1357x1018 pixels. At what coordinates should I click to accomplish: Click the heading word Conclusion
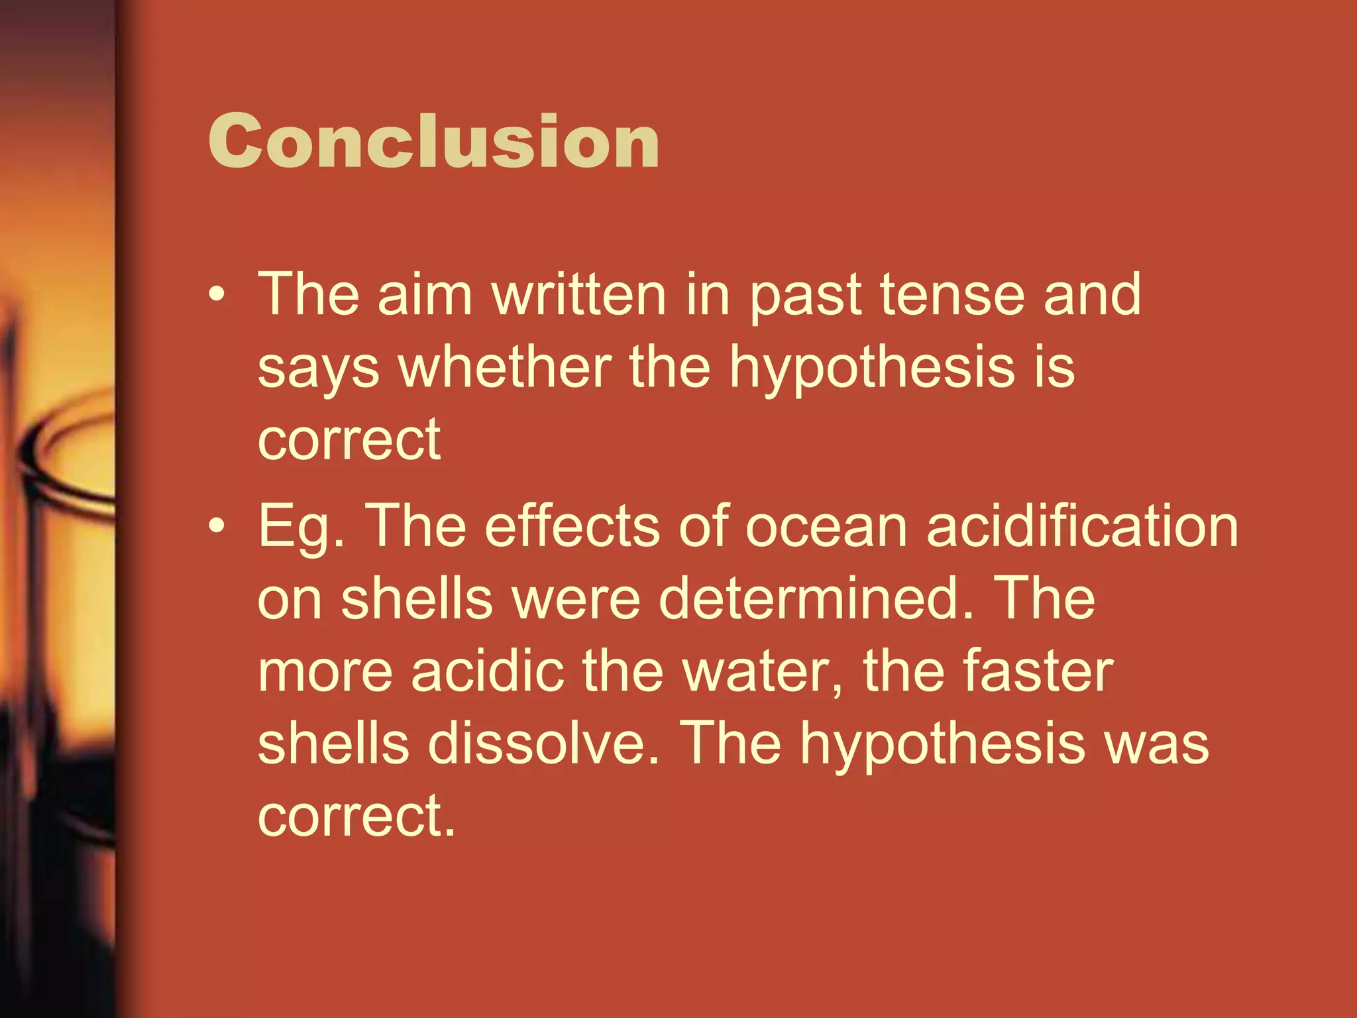pyautogui.click(x=434, y=141)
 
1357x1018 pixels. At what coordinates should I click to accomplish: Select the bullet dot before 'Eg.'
pyautogui.click(x=217, y=526)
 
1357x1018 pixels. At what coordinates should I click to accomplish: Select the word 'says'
pyautogui.click(x=319, y=370)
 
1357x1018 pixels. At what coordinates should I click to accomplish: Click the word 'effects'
pyautogui.click(x=572, y=526)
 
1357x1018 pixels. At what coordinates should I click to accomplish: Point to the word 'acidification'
pyautogui.click(x=1082, y=526)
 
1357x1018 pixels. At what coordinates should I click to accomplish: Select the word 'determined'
pyautogui.click(x=816, y=598)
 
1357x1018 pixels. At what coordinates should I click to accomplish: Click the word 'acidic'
pyautogui.click(x=487, y=671)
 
